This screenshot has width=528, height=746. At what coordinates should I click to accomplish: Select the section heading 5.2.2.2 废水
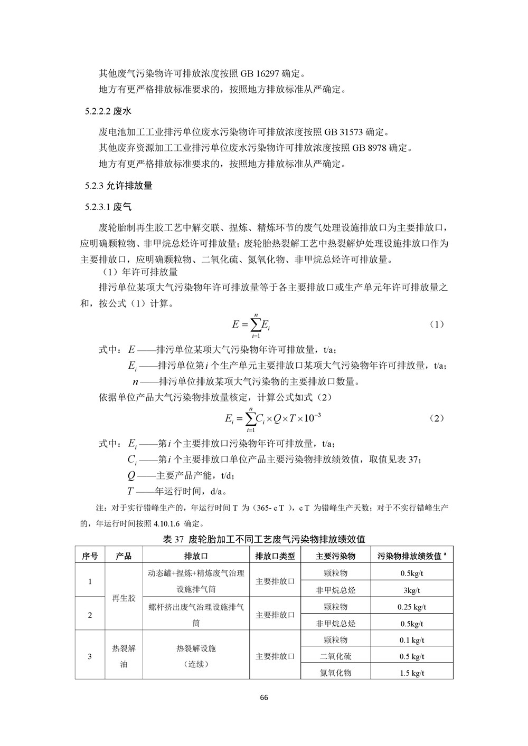tap(108, 111)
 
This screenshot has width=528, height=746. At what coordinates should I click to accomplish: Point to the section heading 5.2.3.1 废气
tap(108, 207)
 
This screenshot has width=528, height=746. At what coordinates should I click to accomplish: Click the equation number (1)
tap(436, 324)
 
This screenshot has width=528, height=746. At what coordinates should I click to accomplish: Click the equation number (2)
tap(436, 418)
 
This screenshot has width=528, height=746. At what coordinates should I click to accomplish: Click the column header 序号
tap(90, 556)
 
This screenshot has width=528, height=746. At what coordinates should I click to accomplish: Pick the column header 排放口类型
tap(275, 556)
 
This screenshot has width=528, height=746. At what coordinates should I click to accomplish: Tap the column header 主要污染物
tap(335, 556)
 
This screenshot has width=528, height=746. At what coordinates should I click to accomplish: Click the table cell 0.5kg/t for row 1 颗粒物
tap(412, 573)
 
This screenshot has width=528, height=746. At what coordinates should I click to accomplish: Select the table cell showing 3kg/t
tap(412, 590)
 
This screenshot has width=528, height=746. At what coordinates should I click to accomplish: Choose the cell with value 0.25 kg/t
tap(412, 607)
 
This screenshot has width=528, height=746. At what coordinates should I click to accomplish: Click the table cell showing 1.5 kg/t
tap(412, 673)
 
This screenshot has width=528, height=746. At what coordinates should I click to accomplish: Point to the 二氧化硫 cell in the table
tap(335, 656)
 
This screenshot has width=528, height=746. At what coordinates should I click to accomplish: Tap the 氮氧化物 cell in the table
tap(335, 673)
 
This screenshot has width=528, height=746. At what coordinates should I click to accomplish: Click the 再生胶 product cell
tap(124, 598)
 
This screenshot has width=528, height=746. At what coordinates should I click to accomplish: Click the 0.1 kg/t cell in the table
tap(412, 640)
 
